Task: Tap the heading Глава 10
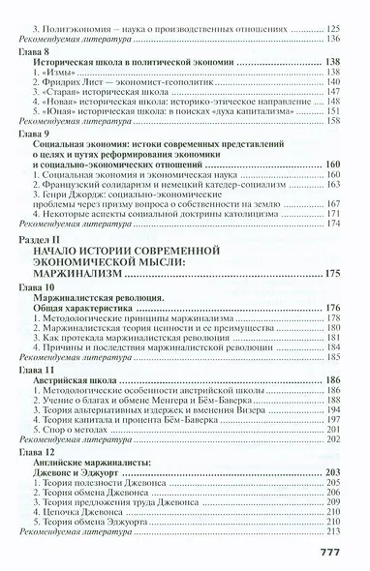43,288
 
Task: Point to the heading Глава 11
43,370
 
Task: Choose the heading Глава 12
43,451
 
